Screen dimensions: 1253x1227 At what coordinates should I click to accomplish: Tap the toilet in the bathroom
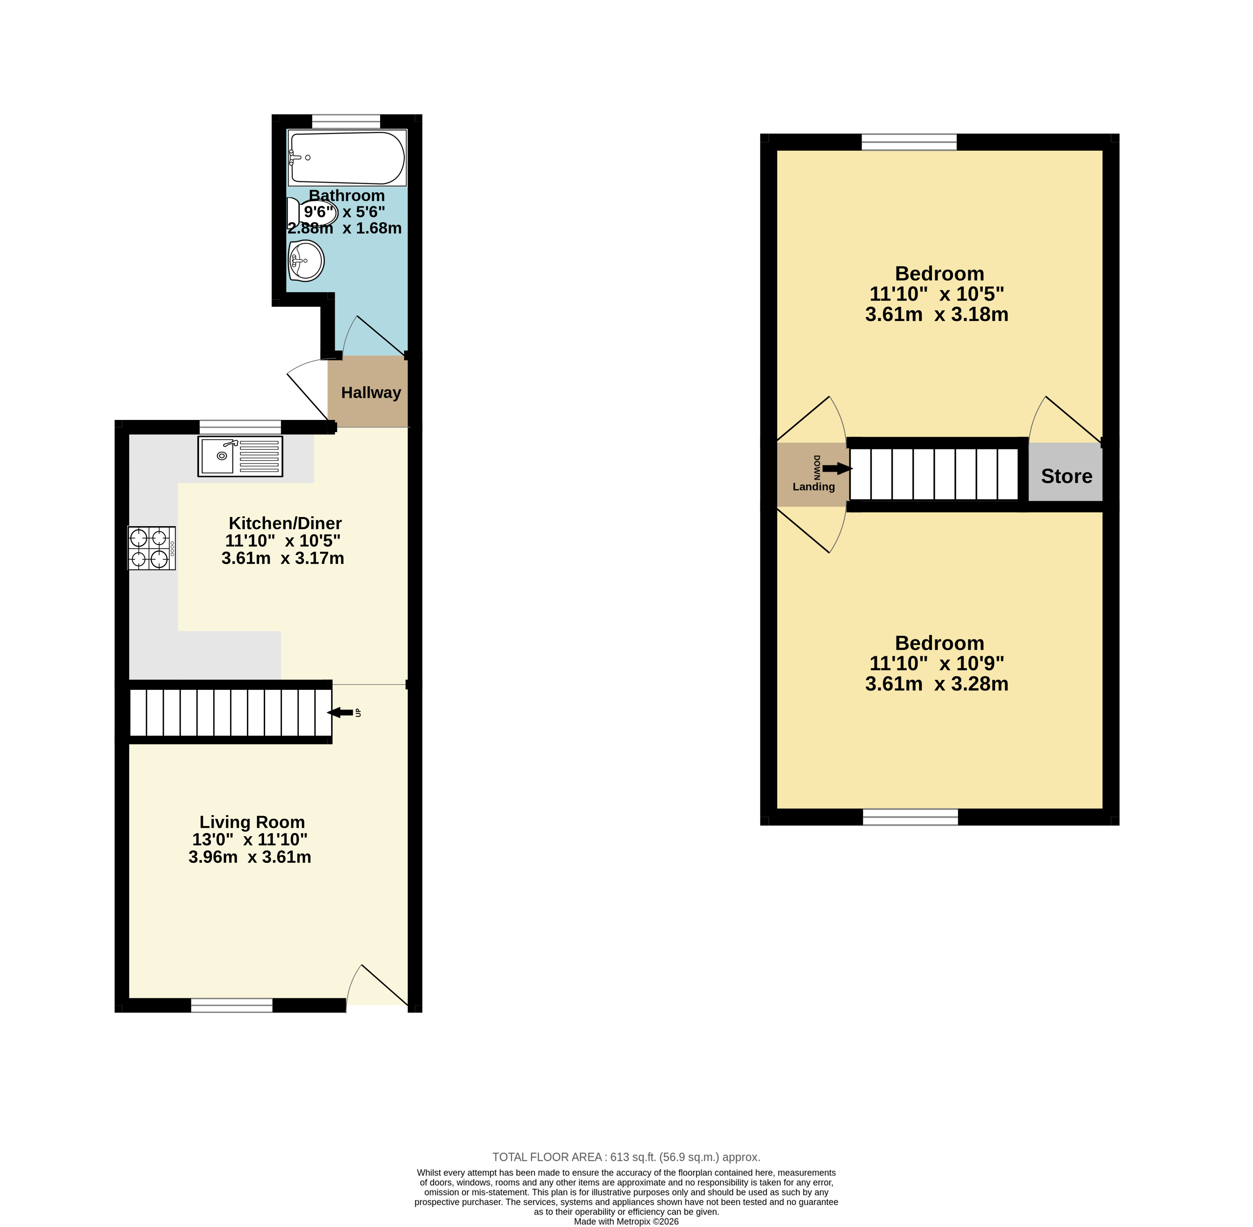pos(312,212)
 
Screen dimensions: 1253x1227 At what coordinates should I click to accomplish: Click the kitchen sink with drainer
pos(240,456)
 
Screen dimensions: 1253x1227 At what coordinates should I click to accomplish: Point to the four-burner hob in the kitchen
pos(151,549)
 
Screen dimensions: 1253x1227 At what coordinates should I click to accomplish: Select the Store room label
pos(1066,476)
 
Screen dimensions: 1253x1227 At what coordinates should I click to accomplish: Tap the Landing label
pos(814,486)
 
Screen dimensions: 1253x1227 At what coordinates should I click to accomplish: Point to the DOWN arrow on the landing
pos(837,469)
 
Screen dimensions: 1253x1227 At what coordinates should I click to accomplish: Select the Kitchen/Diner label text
pos(285,523)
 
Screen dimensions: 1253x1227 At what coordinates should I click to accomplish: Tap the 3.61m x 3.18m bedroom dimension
pos(937,315)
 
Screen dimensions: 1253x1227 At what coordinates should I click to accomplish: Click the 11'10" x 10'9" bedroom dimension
pos(937,663)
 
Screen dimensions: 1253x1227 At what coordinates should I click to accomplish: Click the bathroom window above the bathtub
pos(346,122)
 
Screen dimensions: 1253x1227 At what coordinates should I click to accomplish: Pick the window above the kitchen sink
pos(240,427)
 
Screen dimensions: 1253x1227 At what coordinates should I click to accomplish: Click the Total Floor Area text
pos(626,1157)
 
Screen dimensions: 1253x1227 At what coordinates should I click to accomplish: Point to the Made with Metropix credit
pos(626,1221)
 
